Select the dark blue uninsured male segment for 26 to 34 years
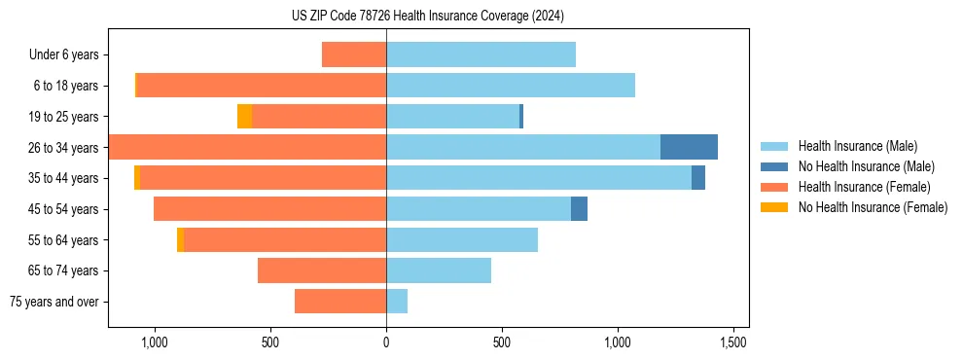[x=689, y=147]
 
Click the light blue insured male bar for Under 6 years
[x=481, y=54]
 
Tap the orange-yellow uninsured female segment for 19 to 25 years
[x=244, y=116]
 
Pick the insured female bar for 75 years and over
[x=339, y=302]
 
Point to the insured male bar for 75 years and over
[x=397, y=302]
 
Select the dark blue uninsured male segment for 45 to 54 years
[x=579, y=208]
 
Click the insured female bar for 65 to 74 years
[x=321, y=270]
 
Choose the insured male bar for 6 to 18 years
[x=511, y=86]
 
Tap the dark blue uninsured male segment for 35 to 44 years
[x=698, y=178]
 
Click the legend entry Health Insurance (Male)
[x=852, y=146]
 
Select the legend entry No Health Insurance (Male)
[x=858, y=166]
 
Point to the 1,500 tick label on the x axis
[x=732, y=342]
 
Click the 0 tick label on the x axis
[x=386, y=342]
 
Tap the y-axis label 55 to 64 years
[x=63, y=239]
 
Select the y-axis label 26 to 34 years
[x=63, y=147]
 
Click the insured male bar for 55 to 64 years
[x=462, y=239]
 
